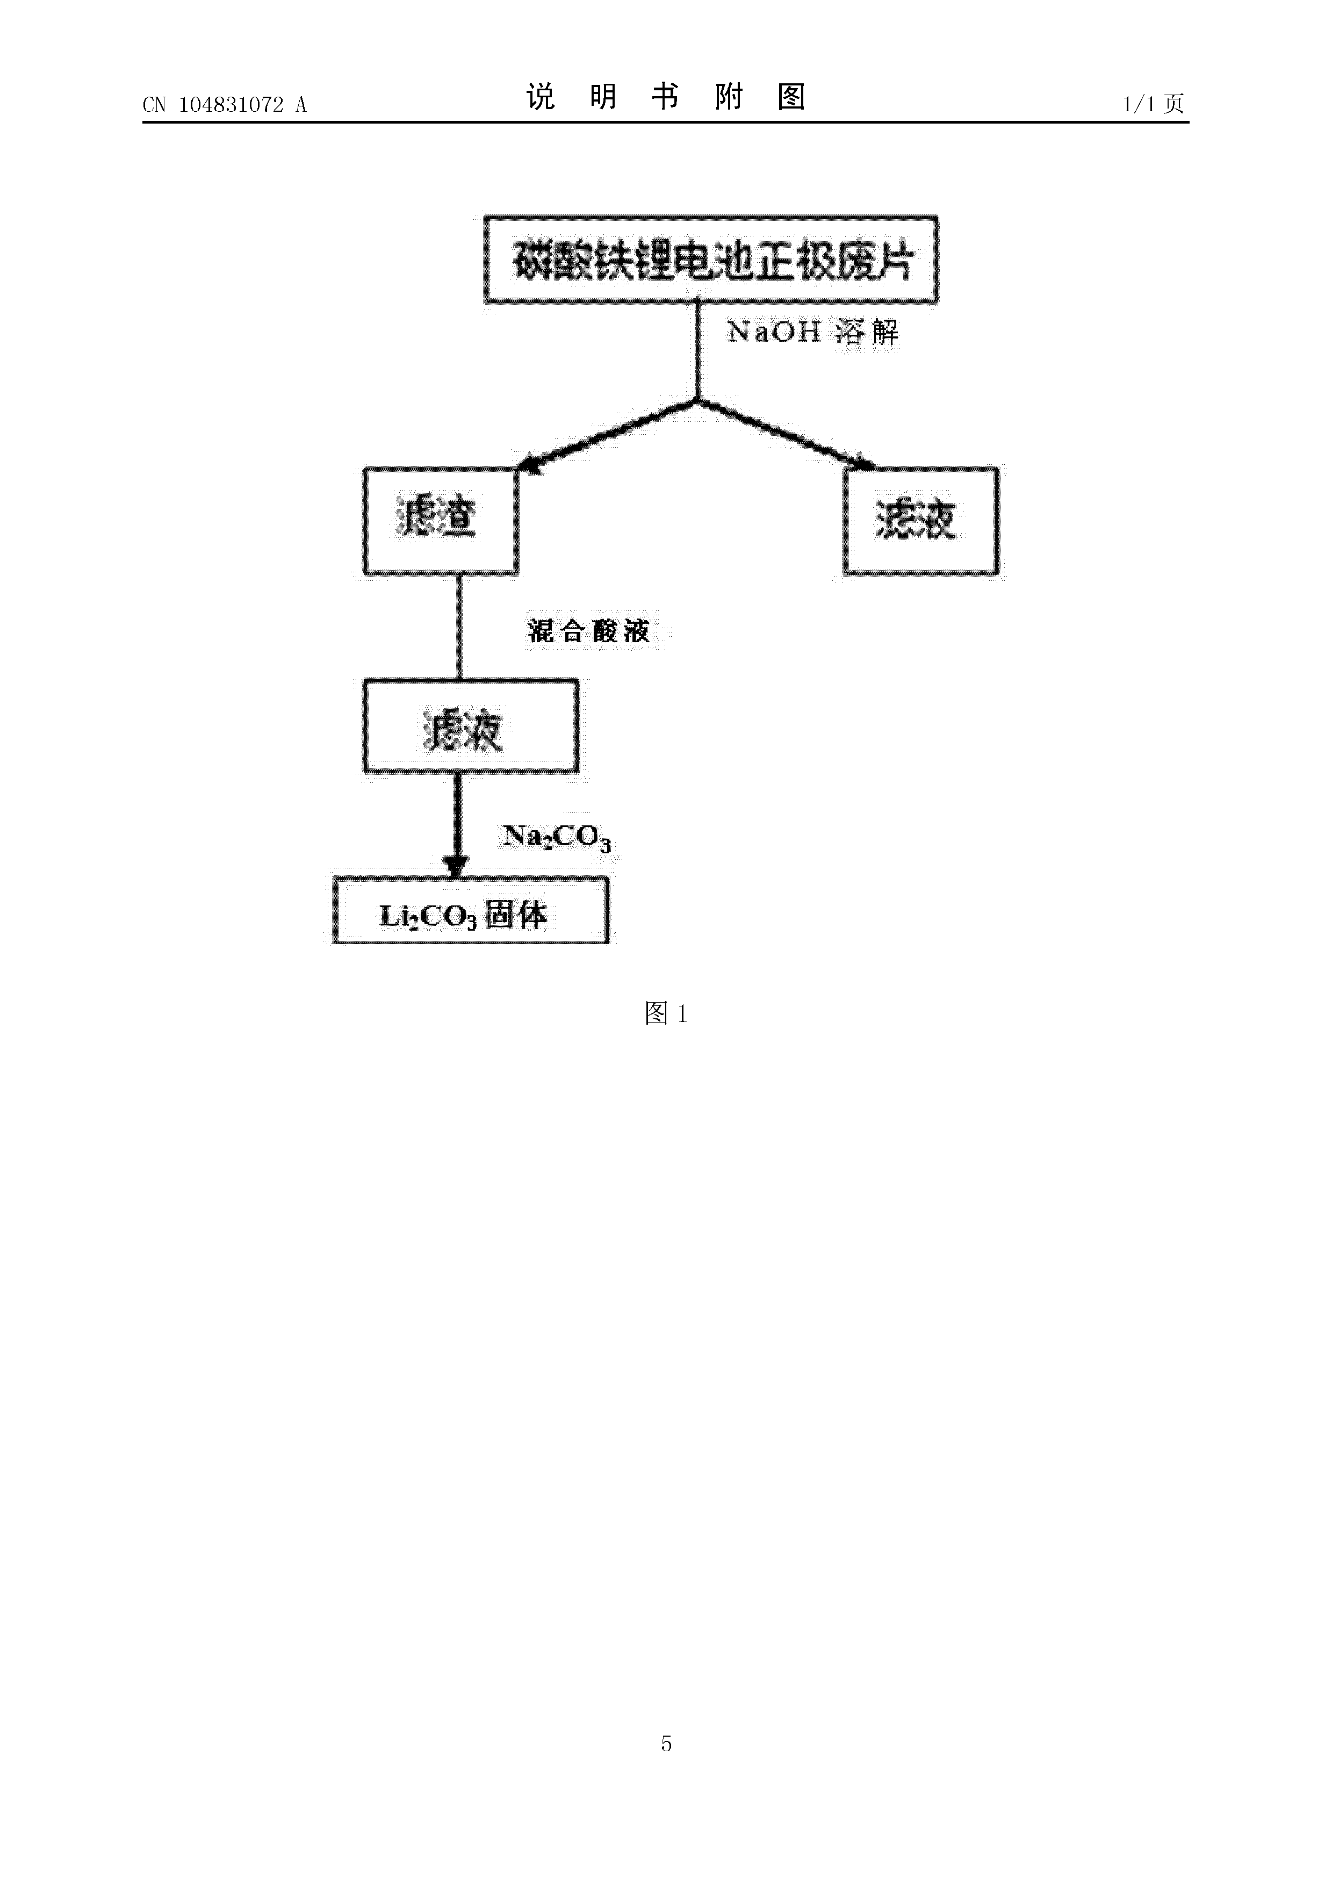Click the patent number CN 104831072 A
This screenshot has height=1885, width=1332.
[x=224, y=104]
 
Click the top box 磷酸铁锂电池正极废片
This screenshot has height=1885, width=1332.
[x=711, y=260]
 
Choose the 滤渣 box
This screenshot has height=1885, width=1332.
[x=441, y=521]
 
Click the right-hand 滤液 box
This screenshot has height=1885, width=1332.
[x=921, y=521]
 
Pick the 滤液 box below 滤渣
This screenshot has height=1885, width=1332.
[x=471, y=726]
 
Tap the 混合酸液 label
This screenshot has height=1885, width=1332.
[x=588, y=630]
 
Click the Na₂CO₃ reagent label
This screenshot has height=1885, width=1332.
[x=557, y=837]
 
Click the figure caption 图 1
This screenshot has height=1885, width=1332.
[x=666, y=1014]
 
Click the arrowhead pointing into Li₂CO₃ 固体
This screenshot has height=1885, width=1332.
[x=456, y=867]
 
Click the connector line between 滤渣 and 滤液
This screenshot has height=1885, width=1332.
[x=459, y=627]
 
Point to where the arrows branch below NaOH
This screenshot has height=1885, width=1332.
[x=697, y=400]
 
